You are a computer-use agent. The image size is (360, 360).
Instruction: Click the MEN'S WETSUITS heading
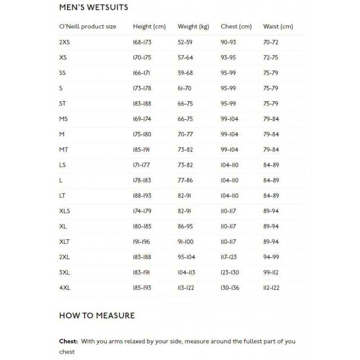[x=94, y=8]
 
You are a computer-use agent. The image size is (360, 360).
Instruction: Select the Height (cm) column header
[x=149, y=27]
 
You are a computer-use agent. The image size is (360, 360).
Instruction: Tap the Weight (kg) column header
[x=193, y=27]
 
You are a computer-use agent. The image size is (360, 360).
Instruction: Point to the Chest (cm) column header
[x=236, y=27]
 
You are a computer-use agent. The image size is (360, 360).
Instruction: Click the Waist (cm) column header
[x=278, y=27]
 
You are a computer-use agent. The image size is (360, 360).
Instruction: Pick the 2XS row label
[x=64, y=42]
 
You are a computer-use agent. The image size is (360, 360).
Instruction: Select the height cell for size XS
[x=142, y=58]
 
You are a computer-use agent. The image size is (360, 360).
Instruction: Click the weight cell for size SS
[x=185, y=73]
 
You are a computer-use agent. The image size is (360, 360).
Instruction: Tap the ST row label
[x=63, y=103]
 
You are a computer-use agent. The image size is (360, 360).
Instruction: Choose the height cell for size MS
[x=142, y=119]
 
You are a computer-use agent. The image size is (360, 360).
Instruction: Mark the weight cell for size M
[x=185, y=135]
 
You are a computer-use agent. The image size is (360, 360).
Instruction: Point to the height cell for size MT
[x=141, y=150]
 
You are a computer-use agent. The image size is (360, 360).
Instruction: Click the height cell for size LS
[x=141, y=165]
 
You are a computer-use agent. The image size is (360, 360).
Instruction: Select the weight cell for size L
[x=185, y=180]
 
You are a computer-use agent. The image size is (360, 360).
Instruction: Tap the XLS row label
[x=65, y=211]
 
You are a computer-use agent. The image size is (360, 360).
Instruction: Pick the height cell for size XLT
[x=141, y=242]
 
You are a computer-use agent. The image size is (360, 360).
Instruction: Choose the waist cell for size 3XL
[x=271, y=273]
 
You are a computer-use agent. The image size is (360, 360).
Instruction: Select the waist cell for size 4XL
[x=271, y=288]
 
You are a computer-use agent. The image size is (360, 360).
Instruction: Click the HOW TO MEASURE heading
[x=97, y=315]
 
